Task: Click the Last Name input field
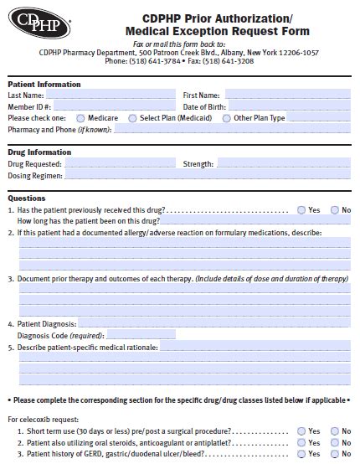(110, 95)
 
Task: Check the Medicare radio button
(81, 119)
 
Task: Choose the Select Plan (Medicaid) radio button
(132, 119)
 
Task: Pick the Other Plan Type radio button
(227, 119)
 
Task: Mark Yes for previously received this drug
(302, 209)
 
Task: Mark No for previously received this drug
(335, 209)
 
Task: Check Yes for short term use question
(302, 430)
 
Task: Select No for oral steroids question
(335, 442)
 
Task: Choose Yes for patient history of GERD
(302, 454)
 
